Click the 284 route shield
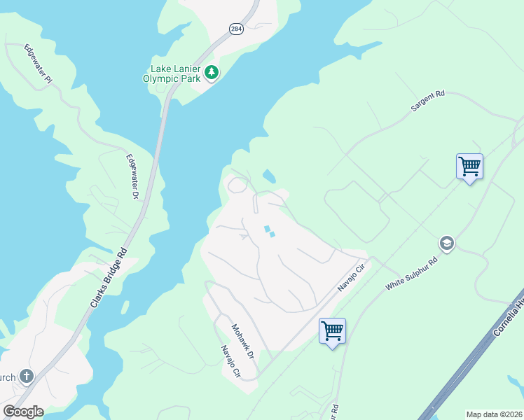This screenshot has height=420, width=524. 235,29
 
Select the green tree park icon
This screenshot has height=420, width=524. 211,72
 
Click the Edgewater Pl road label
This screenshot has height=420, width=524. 39,65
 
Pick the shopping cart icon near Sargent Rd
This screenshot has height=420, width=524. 469,167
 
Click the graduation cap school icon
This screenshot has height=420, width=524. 446,244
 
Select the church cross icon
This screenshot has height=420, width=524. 27,377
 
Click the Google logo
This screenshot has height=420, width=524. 22,412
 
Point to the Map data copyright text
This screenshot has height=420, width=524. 494,414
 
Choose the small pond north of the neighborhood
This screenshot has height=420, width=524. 268,175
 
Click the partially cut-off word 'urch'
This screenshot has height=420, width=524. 7,378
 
